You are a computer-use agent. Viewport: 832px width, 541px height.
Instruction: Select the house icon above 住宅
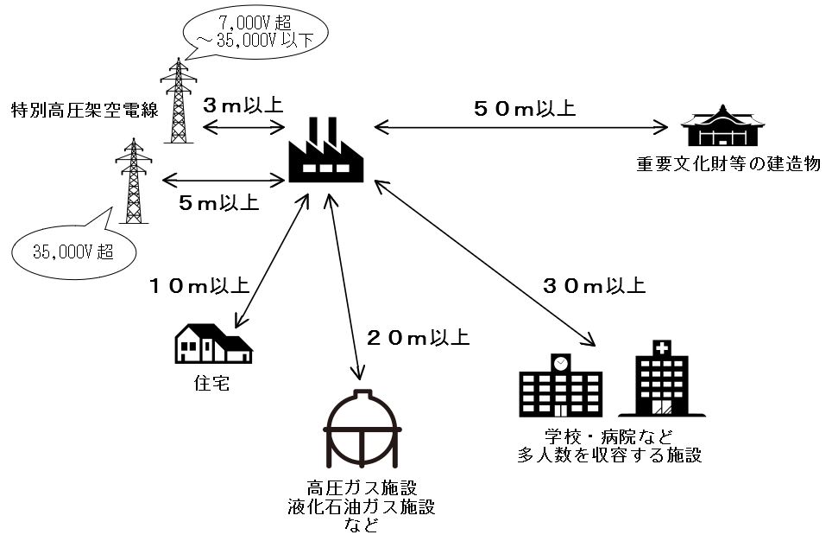pyautogui.click(x=212, y=344)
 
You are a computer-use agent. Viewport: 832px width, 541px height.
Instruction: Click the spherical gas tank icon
pyautogui.click(x=361, y=428)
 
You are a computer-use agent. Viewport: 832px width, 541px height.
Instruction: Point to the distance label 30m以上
pyautogui.click(x=594, y=284)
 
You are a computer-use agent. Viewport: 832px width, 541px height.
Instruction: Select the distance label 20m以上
pyautogui.click(x=418, y=336)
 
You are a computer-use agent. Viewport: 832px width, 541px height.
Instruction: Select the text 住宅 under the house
pyautogui.click(x=211, y=383)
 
